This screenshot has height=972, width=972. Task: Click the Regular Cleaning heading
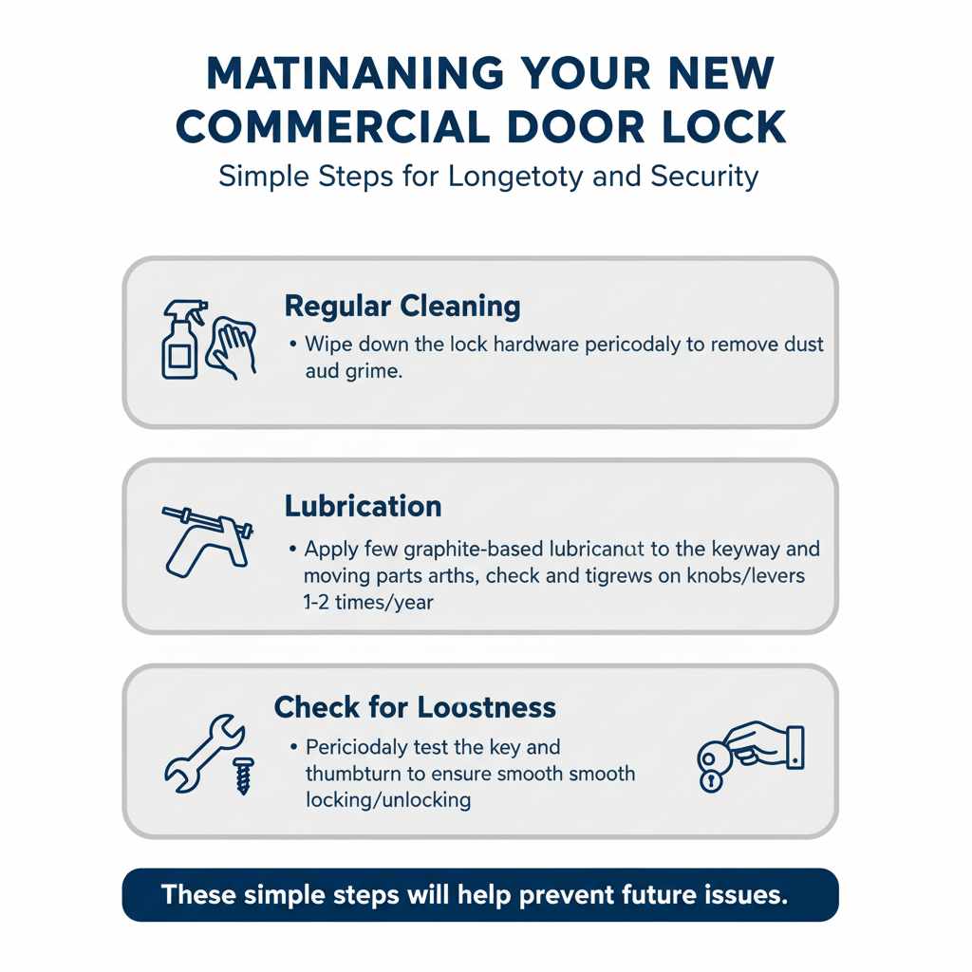tap(402, 307)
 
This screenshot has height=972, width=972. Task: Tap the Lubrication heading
tap(363, 506)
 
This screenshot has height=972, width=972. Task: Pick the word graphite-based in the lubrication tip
tap(452, 550)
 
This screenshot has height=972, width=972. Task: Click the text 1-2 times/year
tap(368, 602)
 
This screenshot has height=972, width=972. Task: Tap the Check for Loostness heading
tap(415, 707)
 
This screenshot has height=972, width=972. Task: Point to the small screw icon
tap(243, 775)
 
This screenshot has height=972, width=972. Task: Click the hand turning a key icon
tap(751, 756)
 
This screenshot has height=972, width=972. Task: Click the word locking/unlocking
tap(387, 799)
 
